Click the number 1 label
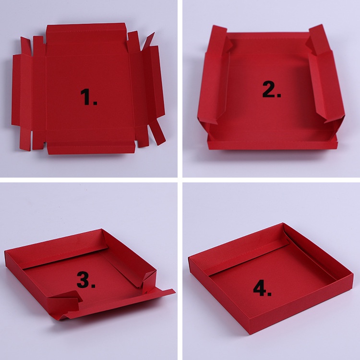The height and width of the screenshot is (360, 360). point(89,97)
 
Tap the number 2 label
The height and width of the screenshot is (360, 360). point(272,90)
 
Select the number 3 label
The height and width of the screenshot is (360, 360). point(86,280)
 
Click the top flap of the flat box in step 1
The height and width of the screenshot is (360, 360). point(86,33)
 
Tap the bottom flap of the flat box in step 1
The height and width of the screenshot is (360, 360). point(91,147)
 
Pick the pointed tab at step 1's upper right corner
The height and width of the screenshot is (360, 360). point(148,41)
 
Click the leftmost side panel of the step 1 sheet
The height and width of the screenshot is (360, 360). point(16,90)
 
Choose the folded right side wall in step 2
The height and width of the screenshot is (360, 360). point(326,76)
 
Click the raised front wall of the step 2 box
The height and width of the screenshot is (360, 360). point(273,144)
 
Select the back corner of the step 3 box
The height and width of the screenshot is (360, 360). point(101,229)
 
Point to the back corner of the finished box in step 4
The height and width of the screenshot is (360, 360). point(283,223)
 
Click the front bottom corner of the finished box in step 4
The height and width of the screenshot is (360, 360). point(250,334)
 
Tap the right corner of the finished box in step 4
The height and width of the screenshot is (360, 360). point(353,274)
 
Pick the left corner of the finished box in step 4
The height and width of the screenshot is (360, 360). point(189,258)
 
